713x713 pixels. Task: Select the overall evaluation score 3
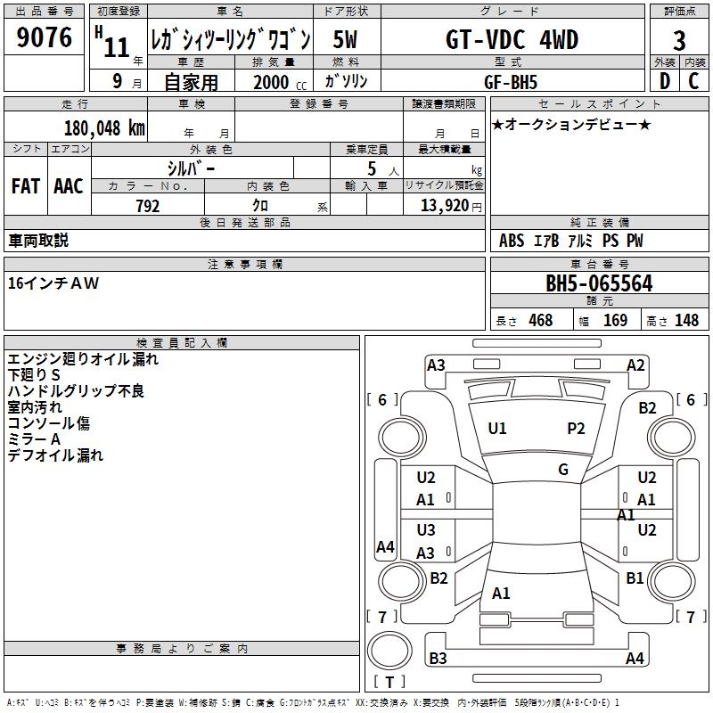point(679,41)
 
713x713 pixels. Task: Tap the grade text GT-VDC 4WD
point(512,40)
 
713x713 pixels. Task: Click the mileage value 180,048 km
point(104,127)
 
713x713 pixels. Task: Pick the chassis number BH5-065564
point(599,284)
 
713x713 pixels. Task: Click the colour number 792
point(147,206)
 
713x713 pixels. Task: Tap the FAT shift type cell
point(26,186)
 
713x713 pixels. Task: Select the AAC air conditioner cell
point(69,186)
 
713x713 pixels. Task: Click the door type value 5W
point(347,40)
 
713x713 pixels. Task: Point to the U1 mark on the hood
point(497,429)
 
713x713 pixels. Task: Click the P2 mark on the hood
point(577,429)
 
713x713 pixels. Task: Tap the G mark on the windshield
point(563,470)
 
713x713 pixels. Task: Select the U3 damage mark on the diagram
point(426,530)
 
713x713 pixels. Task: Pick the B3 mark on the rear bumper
point(438,659)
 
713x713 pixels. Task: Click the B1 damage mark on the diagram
point(635,578)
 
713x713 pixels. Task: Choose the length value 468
point(540,321)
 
